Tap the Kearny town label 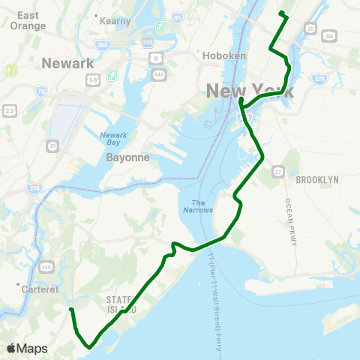click(116, 21)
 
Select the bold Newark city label click(67, 63)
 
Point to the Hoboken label click(220, 55)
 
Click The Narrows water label click(198, 206)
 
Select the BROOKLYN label click(317, 180)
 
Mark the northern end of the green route click(280, 13)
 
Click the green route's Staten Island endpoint click(70, 309)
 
